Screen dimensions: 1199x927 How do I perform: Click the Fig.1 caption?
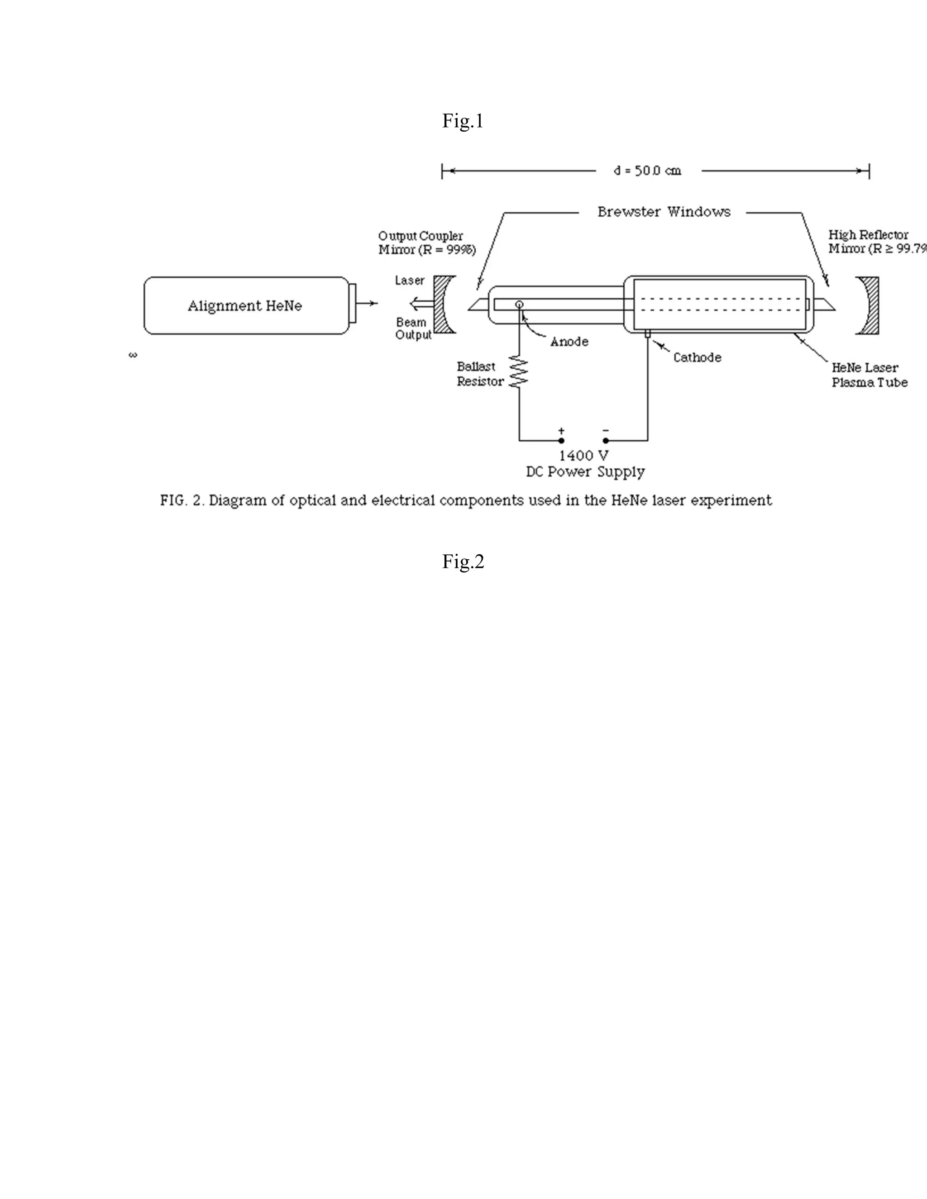pos(463,121)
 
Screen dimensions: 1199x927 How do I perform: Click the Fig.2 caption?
pos(463,561)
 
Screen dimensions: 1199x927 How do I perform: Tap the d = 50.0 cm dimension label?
pos(647,171)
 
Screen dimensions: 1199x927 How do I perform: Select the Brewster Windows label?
pos(664,212)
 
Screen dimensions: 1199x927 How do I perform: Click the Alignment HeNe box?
pos(245,306)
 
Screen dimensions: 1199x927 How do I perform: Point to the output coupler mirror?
pos(444,304)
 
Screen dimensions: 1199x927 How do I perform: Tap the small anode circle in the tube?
pos(519,304)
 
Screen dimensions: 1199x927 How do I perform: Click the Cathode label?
pos(697,357)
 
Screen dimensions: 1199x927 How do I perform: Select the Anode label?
pos(569,342)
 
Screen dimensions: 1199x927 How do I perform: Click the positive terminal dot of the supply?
pos(561,440)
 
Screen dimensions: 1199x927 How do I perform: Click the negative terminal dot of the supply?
pos(606,440)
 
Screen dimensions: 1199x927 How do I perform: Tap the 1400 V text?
pos(584,456)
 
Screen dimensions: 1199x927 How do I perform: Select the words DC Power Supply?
pos(585,471)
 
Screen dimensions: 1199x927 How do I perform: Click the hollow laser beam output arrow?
pos(420,302)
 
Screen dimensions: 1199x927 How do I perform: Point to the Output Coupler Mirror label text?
pos(426,243)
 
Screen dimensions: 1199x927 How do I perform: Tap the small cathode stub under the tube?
pos(647,334)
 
